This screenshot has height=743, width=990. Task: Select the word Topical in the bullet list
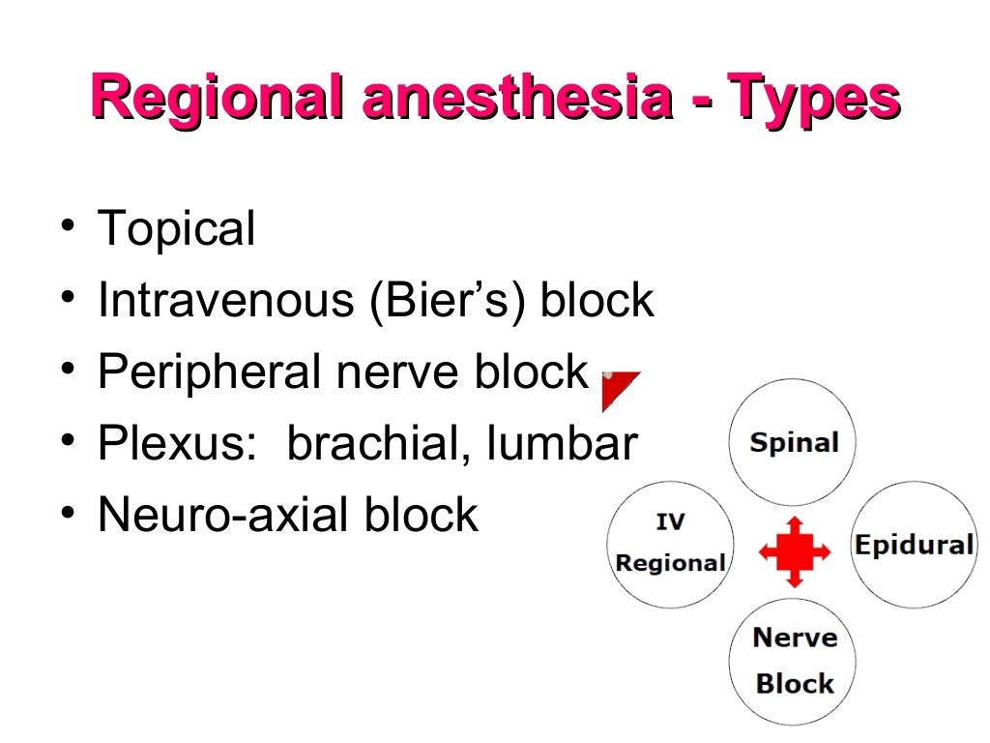point(177,230)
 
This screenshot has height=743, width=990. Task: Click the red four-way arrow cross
point(794,551)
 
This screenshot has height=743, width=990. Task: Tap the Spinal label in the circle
point(794,444)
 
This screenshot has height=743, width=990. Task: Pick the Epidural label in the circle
point(913,545)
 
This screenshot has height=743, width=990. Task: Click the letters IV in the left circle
point(670,522)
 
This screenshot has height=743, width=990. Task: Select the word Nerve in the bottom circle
point(794,639)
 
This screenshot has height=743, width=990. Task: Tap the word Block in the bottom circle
point(794,684)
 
